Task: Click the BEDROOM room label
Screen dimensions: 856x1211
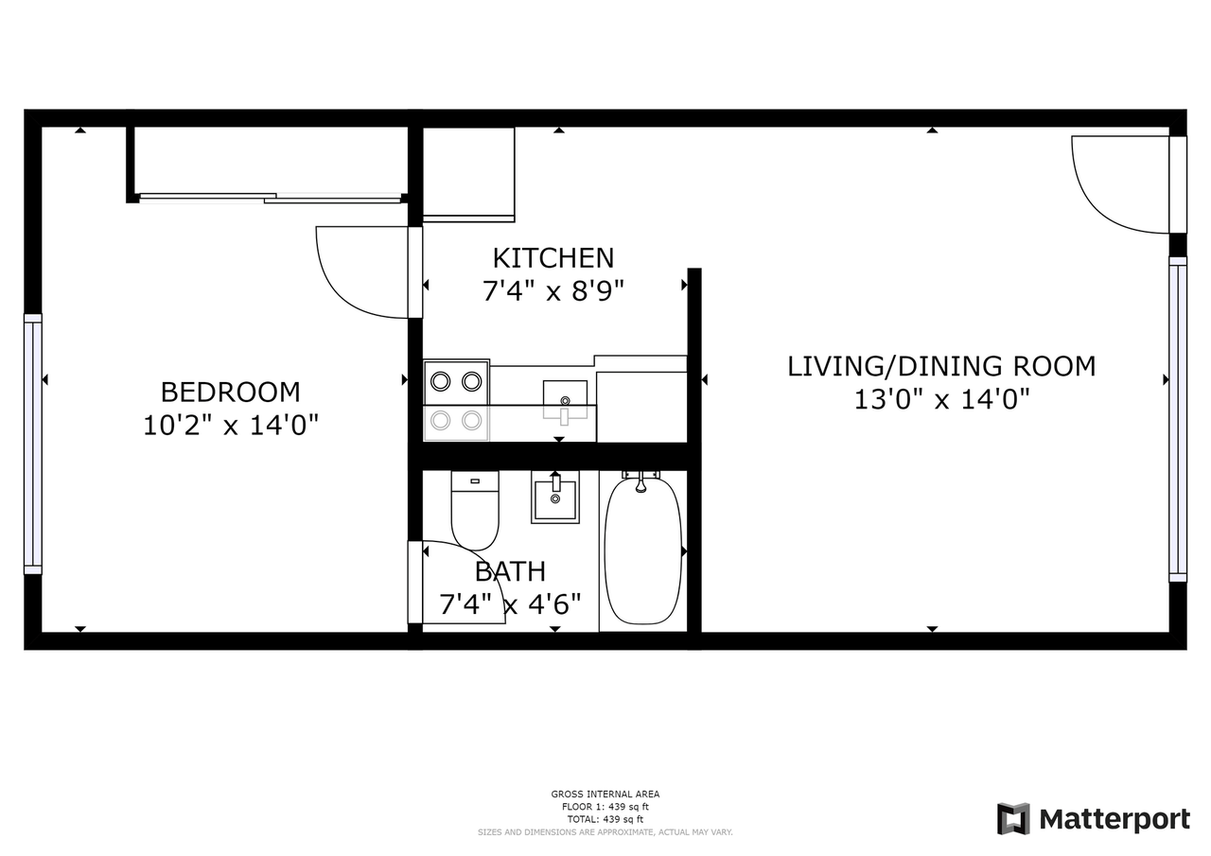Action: coord(230,392)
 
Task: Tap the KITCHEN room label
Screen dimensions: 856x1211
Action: coord(553,257)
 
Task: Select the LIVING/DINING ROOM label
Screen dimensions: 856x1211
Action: coord(941,366)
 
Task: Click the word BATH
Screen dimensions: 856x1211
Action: coord(510,571)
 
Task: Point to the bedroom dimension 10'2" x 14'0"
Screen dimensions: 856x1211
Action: coord(230,426)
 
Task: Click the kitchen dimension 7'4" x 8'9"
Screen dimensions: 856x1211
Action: coord(553,291)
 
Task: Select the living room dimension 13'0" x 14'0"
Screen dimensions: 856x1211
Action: coord(941,400)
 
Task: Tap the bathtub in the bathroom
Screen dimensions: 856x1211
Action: coord(642,550)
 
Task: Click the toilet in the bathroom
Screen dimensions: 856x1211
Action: coord(474,511)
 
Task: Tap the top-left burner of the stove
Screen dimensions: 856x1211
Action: coord(440,381)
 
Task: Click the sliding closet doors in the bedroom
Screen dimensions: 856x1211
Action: coord(270,198)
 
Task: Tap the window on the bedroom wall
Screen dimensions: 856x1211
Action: coord(33,444)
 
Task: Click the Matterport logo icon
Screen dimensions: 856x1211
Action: coord(1013,819)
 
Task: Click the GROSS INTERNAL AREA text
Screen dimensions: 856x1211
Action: coord(605,795)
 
